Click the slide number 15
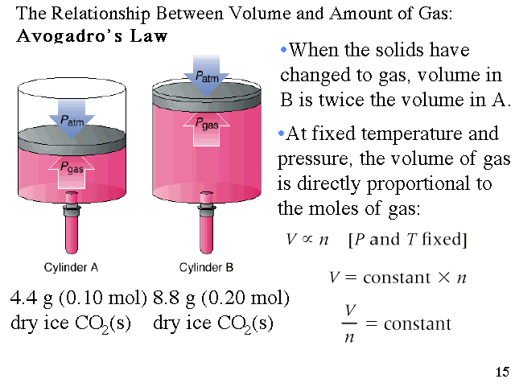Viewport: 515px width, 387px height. [x=502, y=372]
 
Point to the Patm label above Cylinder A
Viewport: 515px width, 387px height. [x=76, y=119]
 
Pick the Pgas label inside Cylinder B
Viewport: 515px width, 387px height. [x=207, y=122]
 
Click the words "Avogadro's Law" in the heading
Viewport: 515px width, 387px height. [x=92, y=36]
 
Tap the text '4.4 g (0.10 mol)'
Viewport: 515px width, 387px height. [x=78, y=298]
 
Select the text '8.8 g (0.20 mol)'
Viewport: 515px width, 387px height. [x=221, y=298]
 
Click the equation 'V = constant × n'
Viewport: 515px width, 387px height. [x=398, y=278]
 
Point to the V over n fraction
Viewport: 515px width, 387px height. [x=349, y=323]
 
